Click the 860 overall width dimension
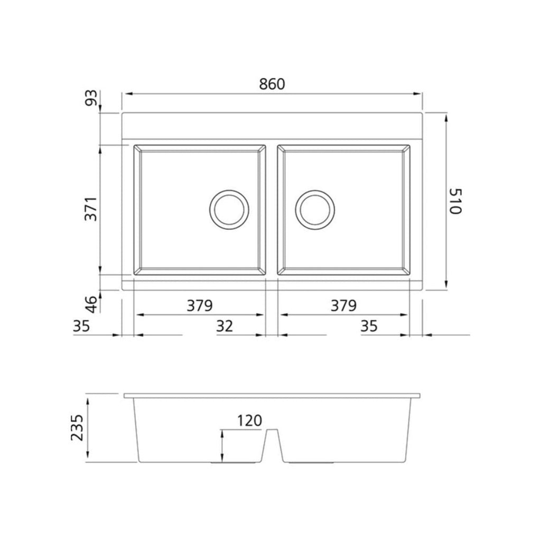[x=272, y=84]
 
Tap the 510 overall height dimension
[x=455, y=201]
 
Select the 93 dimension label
[x=91, y=98]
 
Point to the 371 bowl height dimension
[x=91, y=209]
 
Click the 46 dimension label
[x=91, y=304]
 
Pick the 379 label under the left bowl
[x=200, y=305]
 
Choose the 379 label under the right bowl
[x=343, y=305]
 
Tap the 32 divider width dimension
[x=225, y=325]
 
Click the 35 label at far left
[x=81, y=325]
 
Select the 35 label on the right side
[x=369, y=325]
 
